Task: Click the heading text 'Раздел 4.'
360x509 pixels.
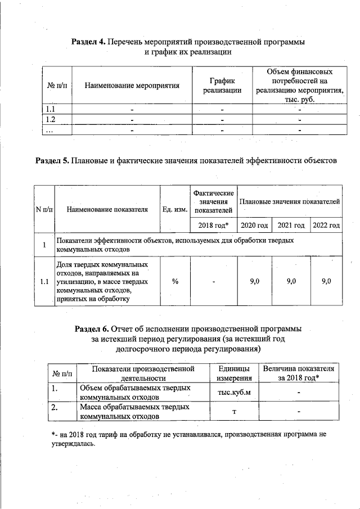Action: point(88,42)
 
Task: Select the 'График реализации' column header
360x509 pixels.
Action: point(222,85)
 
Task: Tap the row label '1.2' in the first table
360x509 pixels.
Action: point(50,119)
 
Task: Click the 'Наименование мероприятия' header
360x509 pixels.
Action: point(132,86)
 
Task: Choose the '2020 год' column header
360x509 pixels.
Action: point(254,226)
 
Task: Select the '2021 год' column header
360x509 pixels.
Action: point(291,226)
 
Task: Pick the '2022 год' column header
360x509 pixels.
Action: point(327,226)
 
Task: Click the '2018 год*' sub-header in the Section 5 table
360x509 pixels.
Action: point(214,226)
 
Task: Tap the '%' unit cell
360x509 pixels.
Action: point(175,281)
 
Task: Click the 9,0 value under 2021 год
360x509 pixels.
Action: point(291,281)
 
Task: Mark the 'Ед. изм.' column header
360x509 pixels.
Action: point(175,210)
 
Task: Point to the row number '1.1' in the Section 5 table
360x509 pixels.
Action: point(44,281)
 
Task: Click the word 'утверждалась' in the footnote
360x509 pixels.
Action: point(74,443)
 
